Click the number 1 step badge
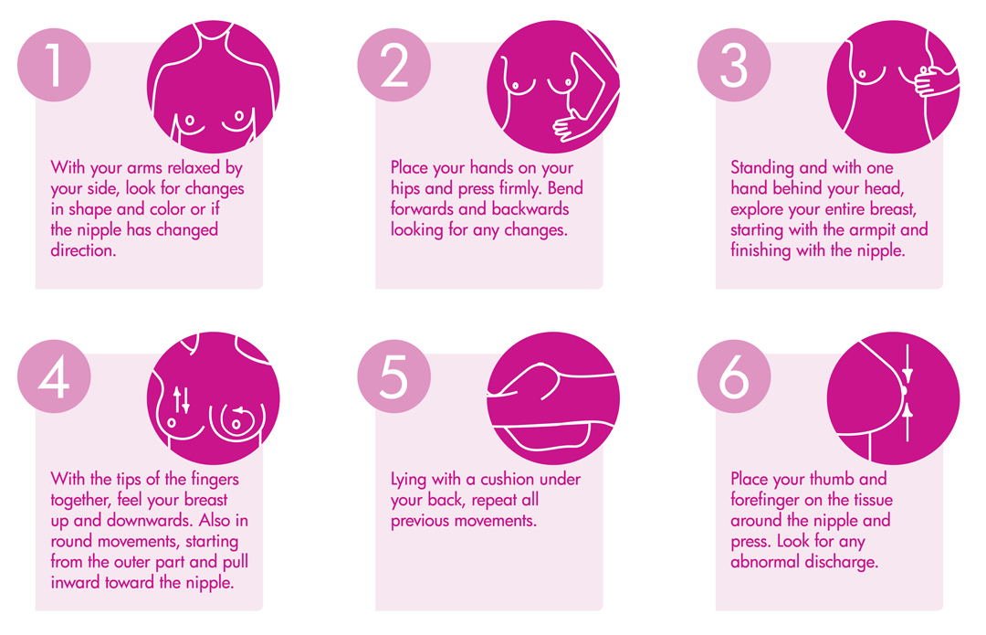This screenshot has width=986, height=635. (x=54, y=65)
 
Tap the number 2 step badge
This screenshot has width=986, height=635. (x=394, y=65)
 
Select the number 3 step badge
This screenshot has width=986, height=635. (x=734, y=65)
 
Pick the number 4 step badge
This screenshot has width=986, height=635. (x=54, y=376)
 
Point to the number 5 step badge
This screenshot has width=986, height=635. (x=394, y=376)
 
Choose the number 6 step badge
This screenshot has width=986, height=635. (x=734, y=376)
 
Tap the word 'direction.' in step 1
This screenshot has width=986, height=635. (x=84, y=250)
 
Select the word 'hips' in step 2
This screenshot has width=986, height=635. (x=405, y=189)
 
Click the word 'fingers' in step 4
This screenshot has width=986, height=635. (x=215, y=480)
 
